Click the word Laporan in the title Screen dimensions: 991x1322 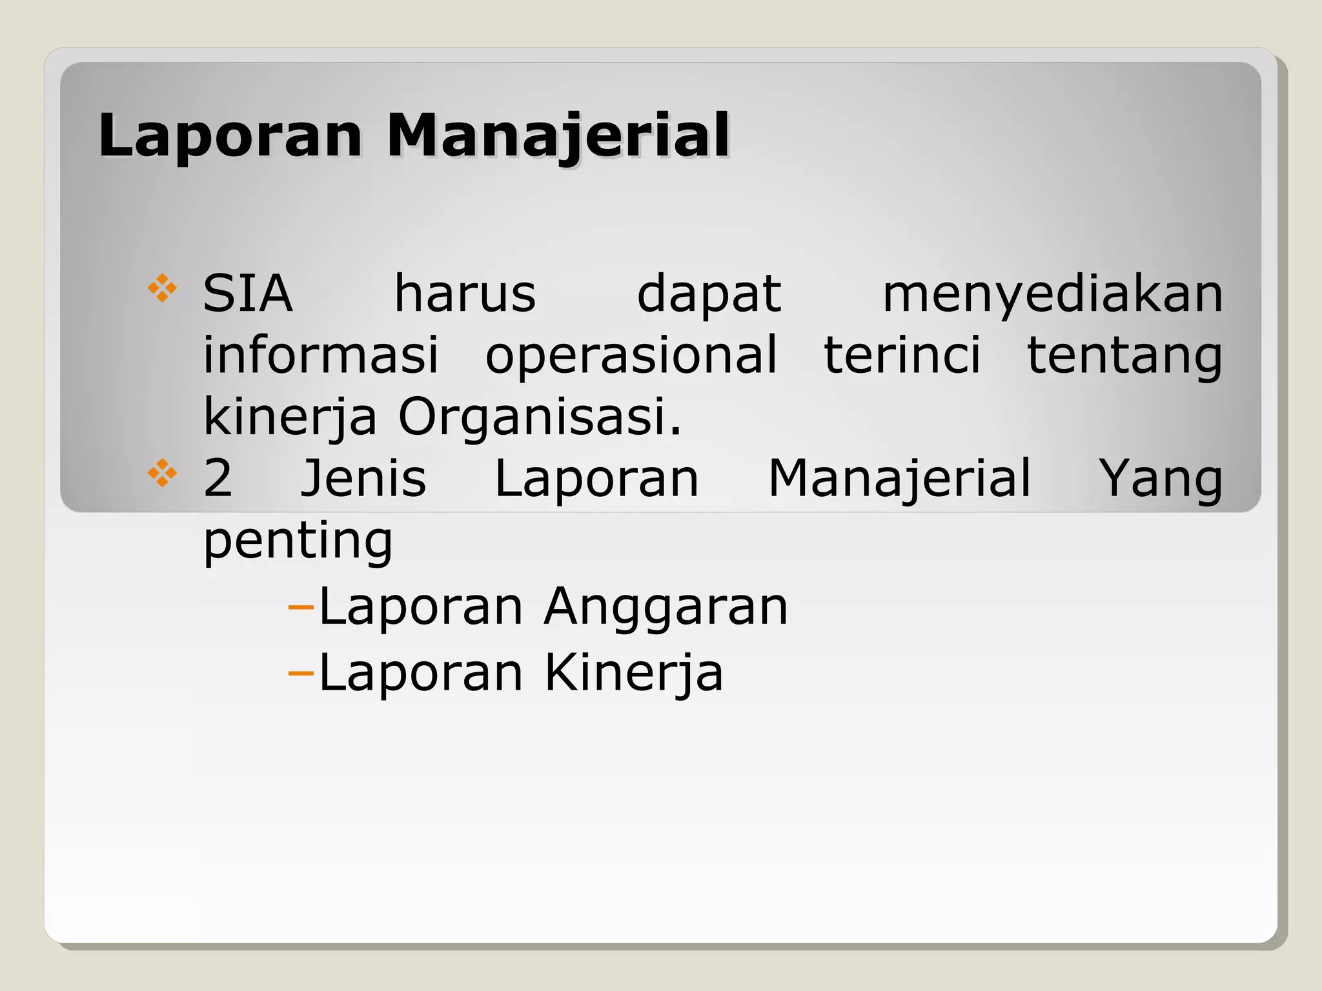[x=230, y=135]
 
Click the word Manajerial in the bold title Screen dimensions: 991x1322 [x=558, y=136]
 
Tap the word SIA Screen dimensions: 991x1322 [x=248, y=294]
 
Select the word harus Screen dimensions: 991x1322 [x=465, y=294]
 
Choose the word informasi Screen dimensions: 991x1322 [x=321, y=355]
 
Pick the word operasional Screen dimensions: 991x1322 [x=631, y=356]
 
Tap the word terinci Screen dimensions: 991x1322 [x=902, y=355]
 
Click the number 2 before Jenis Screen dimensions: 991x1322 [x=218, y=478]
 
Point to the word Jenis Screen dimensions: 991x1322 [x=363, y=478]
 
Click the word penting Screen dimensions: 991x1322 [x=298, y=541]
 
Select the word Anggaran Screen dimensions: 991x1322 [x=666, y=608]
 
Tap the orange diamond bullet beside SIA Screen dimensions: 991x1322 [x=162, y=289]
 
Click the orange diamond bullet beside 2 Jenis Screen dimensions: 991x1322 [x=162, y=473]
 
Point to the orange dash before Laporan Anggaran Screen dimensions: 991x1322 [x=300, y=608]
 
